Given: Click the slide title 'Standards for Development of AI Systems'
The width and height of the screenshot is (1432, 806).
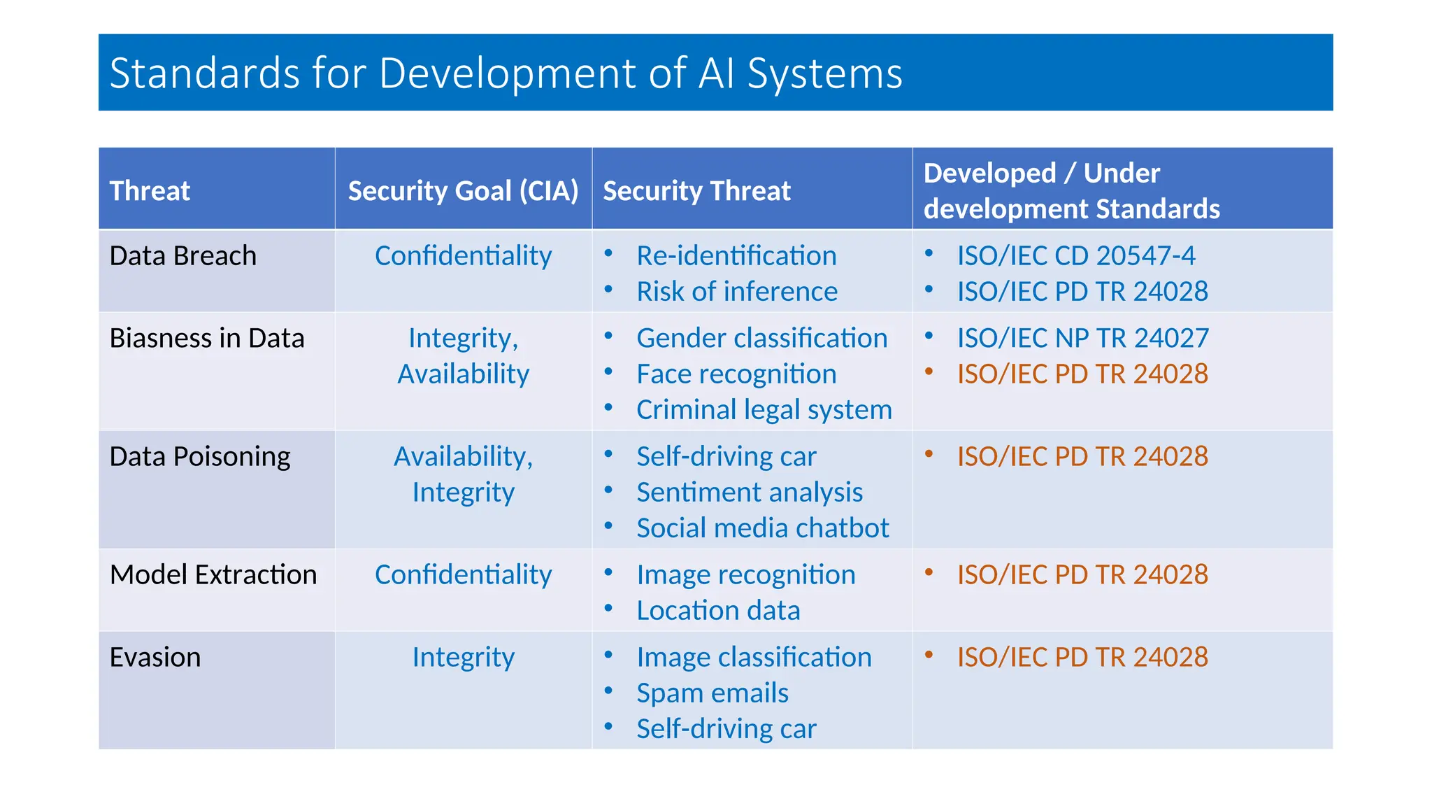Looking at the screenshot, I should (506, 73).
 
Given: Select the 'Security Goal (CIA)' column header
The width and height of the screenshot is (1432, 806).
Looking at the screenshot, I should (463, 190).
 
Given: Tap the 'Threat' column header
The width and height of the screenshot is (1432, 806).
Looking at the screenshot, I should (150, 190).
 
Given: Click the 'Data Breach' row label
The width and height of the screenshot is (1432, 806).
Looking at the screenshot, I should (183, 255).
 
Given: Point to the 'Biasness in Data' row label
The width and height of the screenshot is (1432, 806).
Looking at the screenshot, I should (207, 338).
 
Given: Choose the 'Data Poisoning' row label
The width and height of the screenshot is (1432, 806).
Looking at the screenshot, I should (200, 456).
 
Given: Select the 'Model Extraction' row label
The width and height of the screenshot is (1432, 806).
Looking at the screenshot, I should (213, 574).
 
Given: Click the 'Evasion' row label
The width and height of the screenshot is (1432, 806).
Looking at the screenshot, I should (155, 657).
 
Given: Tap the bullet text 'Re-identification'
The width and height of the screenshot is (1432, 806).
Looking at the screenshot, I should (736, 255).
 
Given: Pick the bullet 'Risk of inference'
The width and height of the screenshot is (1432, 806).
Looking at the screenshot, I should (736, 291).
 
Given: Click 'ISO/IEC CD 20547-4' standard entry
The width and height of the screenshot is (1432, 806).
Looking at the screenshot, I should (1075, 255).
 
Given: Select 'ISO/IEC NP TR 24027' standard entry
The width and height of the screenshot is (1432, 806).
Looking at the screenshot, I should (1082, 338).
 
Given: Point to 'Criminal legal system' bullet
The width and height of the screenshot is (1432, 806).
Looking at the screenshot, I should (764, 409).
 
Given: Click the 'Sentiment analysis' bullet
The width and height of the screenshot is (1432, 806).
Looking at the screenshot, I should (749, 492).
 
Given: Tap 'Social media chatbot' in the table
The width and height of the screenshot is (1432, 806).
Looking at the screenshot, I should (762, 528).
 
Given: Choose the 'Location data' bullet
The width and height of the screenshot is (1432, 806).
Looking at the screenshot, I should (717, 610).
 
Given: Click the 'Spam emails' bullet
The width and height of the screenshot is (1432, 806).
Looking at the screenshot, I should (712, 693).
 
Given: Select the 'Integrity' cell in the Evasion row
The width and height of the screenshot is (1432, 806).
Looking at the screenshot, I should (463, 657).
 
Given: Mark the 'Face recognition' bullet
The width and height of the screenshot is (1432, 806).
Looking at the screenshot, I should (736, 374).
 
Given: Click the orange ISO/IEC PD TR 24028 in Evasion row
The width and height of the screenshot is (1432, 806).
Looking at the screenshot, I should (1082, 657).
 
